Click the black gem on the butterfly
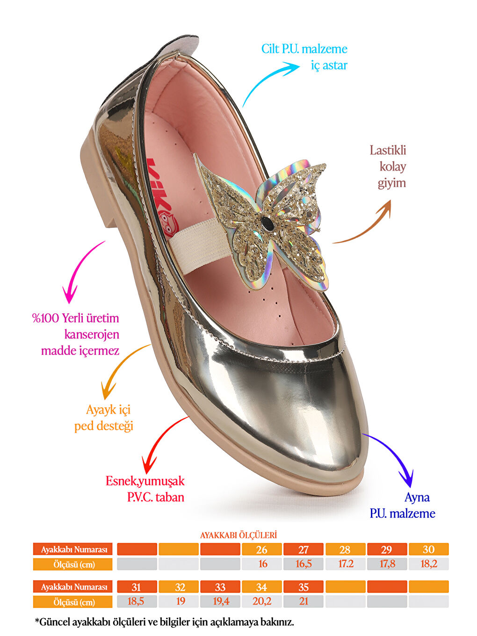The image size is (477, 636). (267, 224)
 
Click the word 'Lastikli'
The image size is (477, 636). (388, 151)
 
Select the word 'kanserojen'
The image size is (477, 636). (92, 334)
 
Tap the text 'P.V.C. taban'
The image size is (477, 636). (155, 497)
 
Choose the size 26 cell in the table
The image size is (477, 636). (262, 549)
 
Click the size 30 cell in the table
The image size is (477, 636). (428, 549)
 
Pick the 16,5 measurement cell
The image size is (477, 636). (304, 564)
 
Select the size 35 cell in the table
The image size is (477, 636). (304, 587)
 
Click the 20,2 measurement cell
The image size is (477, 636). (262, 601)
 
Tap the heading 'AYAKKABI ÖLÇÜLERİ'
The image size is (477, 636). (238, 535)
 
